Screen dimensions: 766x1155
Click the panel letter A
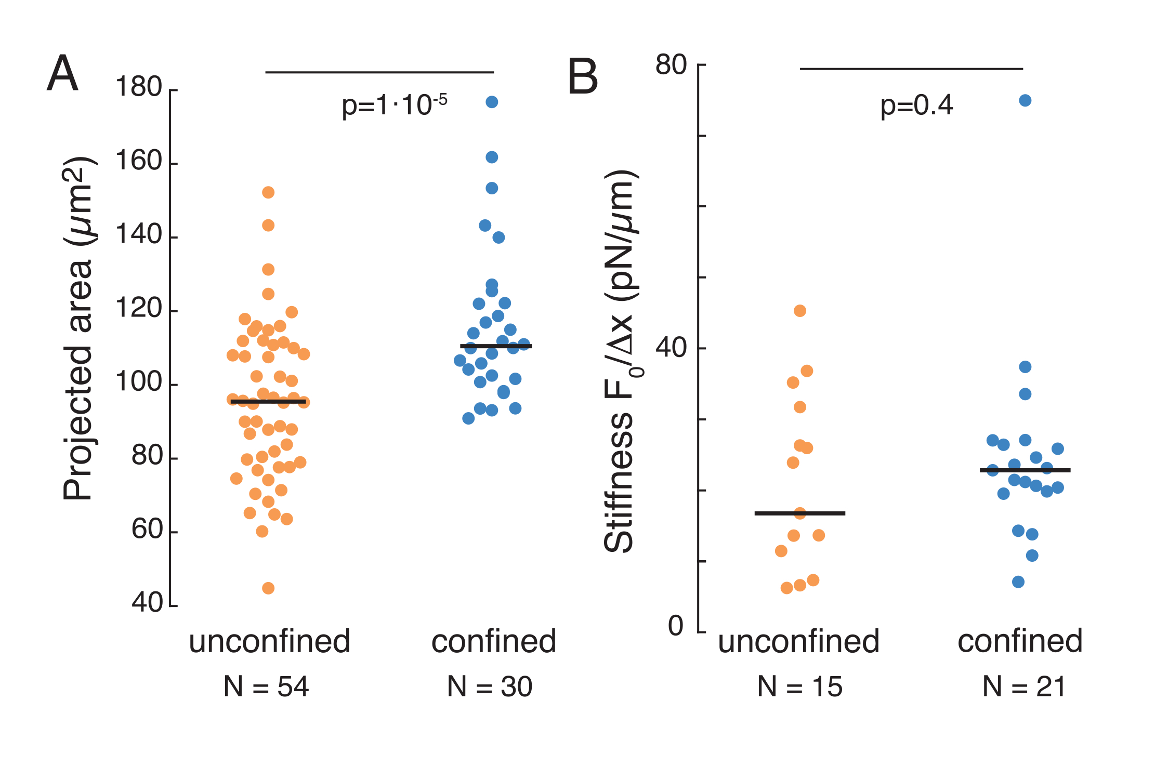[x=62, y=73]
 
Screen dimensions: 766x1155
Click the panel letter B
[x=583, y=77]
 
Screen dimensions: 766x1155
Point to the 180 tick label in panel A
[x=139, y=87]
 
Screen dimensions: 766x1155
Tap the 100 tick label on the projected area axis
[x=139, y=382]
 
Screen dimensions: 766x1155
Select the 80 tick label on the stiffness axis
[x=671, y=65]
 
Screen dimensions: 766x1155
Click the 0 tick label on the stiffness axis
[x=676, y=626]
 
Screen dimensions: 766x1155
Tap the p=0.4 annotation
[x=916, y=105]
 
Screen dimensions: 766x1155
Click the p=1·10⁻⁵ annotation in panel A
[x=394, y=105]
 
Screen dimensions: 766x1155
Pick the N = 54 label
[x=266, y=686]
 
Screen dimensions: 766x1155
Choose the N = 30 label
[x=490, y=686]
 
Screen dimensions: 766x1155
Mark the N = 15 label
[x=799, y=686]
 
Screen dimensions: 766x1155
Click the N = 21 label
[x=1024, y=686]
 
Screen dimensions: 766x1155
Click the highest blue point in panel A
[x=492, y=102]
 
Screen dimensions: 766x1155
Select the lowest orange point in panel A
[x=268, y=588]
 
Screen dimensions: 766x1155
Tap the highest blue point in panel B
[x=1025, y=100]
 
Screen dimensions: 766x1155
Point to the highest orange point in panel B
[x=800, y=311]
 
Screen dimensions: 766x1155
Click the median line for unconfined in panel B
[x=800, y=513]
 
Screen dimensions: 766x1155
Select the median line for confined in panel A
[x=495, y=346]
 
